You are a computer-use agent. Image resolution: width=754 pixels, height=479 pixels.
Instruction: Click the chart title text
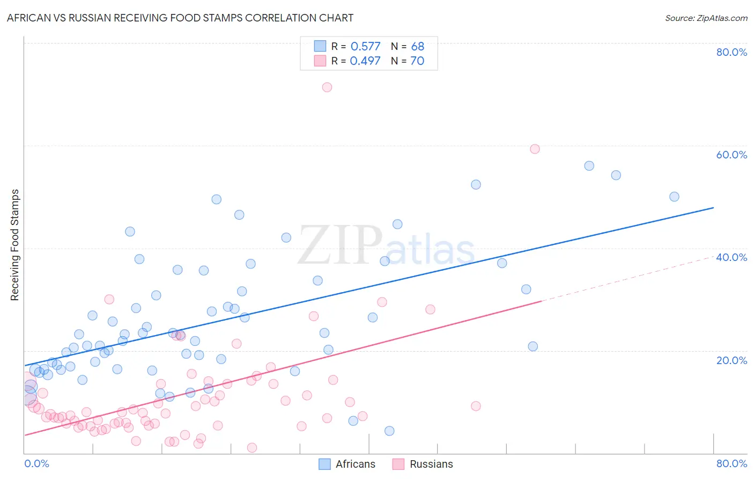(180, 18)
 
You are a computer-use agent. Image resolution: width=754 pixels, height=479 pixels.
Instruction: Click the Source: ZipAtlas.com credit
(706, 18)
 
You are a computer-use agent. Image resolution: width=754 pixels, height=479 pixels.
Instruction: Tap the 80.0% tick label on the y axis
(731, 52)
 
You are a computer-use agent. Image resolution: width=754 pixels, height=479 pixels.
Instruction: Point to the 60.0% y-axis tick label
(731, 155)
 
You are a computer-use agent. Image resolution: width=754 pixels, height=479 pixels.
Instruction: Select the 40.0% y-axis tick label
(731, 257)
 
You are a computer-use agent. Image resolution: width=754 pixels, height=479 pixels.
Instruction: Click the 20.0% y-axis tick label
(731, 360)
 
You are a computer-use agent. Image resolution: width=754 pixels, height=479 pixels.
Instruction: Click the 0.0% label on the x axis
(36, 463)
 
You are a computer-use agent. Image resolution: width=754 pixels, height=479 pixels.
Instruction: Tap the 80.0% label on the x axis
(731, 463)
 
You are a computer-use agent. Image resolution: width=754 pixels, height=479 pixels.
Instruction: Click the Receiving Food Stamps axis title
(15, 245)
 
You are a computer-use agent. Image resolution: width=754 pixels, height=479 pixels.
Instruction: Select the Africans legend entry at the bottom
(347, 464)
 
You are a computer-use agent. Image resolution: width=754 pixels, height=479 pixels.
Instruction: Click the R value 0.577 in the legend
(365, 47)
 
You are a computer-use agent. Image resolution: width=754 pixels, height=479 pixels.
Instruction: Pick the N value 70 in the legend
(417, 61)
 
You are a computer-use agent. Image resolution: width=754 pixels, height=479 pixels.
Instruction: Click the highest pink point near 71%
(327, 87)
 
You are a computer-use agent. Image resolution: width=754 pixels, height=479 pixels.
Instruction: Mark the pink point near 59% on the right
(535, 149)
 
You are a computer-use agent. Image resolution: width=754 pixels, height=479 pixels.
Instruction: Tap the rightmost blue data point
(674, 197)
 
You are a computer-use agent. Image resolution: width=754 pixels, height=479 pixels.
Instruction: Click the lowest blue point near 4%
(389, 431)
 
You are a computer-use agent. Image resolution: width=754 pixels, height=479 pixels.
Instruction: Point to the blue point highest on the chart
(589, 166)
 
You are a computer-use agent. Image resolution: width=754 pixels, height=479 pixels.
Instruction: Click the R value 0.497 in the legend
(365, 61)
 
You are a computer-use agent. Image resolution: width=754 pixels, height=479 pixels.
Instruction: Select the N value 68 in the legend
(417, 47)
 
